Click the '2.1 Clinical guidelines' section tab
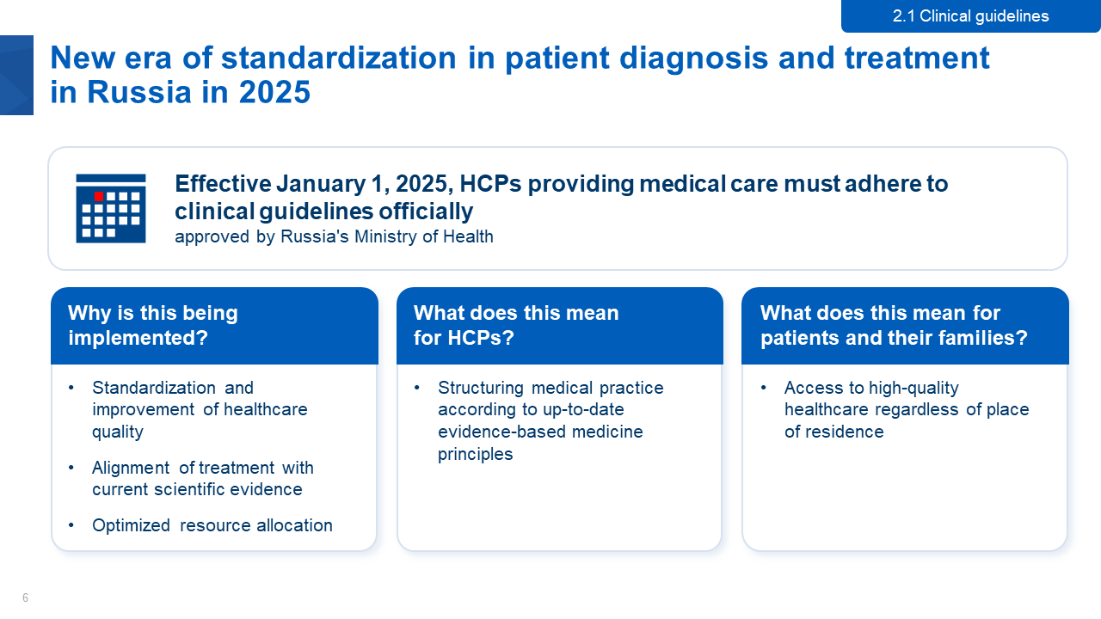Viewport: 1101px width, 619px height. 971,16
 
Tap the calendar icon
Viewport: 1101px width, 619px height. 111,208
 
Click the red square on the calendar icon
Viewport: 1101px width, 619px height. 99,197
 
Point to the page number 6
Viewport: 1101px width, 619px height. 25,598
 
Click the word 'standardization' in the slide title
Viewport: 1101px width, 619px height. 339,58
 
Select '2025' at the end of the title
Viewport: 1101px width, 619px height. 274,92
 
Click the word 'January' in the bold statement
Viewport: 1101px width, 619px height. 321,184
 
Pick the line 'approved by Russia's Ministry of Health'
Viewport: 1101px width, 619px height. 335,236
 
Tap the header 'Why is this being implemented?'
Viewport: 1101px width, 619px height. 153,325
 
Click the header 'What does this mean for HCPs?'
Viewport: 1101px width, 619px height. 516,325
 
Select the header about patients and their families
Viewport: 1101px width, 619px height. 894,325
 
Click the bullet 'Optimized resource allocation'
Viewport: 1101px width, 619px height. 212,525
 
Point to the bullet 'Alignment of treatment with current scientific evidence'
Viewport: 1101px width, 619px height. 202,479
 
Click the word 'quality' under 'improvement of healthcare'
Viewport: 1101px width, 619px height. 118,432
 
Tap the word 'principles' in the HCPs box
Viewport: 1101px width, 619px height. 476,455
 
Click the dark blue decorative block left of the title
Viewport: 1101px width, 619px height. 16,75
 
